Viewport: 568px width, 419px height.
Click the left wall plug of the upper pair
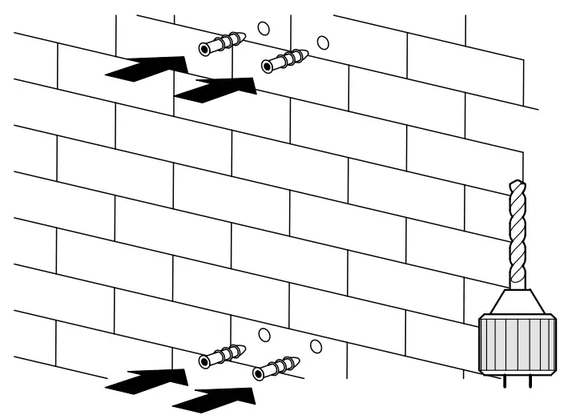pyautogui.click(x=222, y=43)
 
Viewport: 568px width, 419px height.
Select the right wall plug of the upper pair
pyautogui.click(x=285, y=61)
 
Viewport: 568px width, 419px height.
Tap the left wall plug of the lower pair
pyautogui.click(x=222, y=357)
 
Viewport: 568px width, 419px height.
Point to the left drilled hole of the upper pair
pyautogui.click(x=264, y=28)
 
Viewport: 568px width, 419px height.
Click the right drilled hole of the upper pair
pyautogui.click(x=323, y=42)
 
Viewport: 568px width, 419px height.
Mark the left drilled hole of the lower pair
pyautogui.click(x=264, y=335)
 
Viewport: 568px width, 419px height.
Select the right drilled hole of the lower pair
pyautogui.click(x=316, y=346)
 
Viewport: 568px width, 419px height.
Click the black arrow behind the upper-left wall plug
pyautogui.click(x=148, y=69)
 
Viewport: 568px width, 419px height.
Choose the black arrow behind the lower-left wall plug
pyautogui.click(x=148, y=381)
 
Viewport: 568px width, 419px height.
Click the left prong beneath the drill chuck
pyautogui.click(x=505, y=381)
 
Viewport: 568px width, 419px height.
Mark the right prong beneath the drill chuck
pyautogui.click(x=529, y=381)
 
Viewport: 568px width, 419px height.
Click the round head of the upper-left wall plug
pyautogui.click(x=205, y=50)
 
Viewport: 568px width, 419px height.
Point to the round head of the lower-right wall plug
pyautogui.click(x=259, y=374)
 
